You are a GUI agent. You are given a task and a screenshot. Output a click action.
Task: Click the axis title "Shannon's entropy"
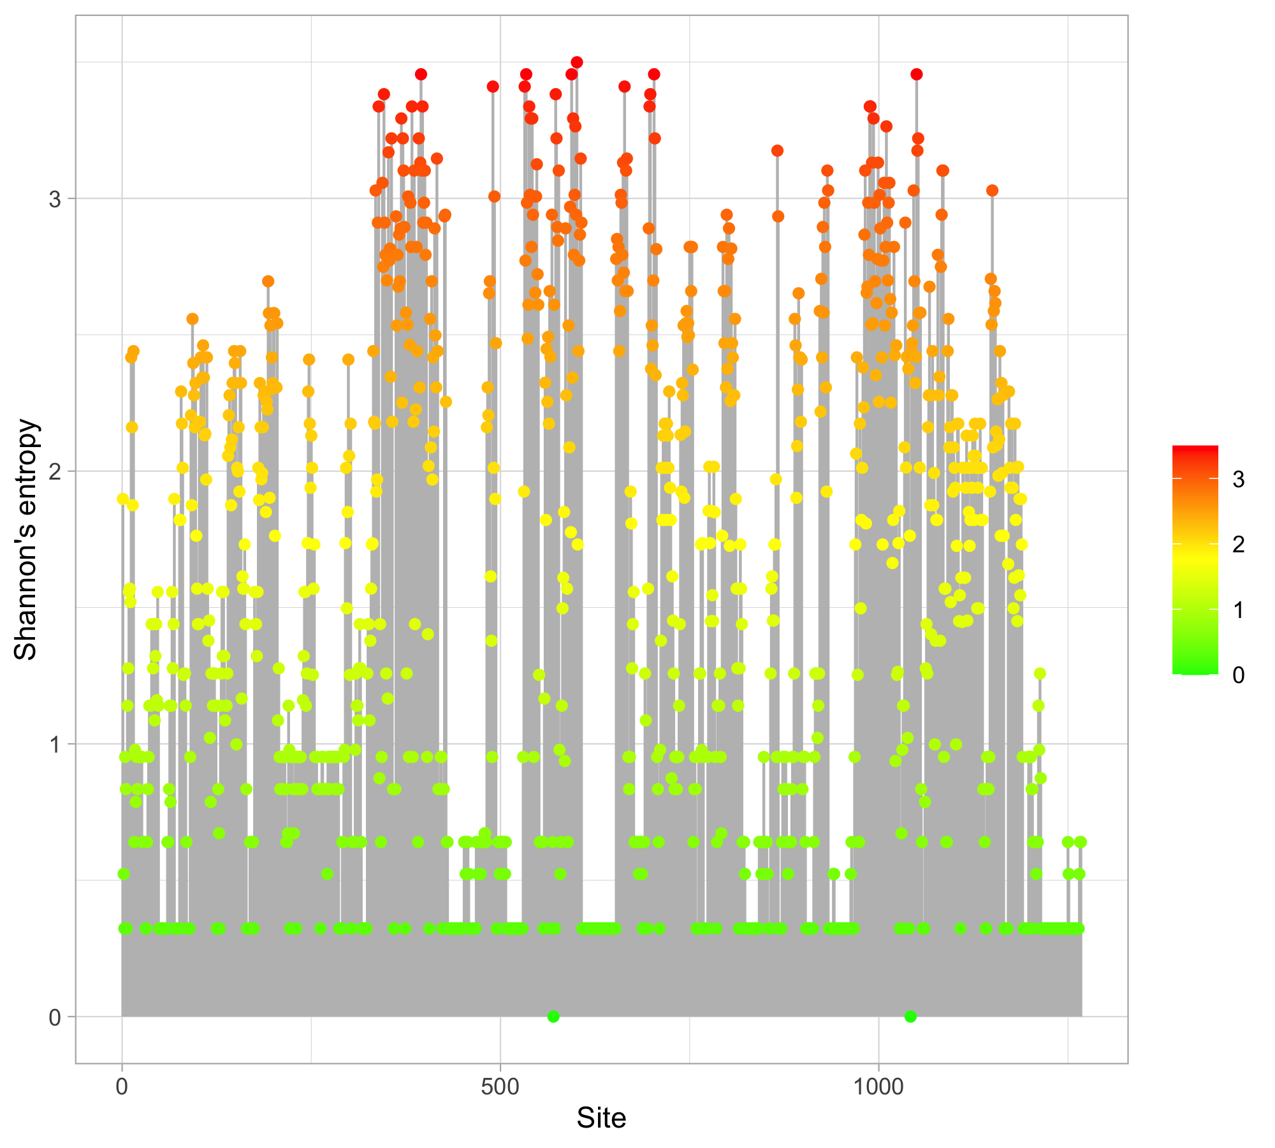tap(26, 539)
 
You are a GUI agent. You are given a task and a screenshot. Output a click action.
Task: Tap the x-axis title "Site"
tap(601, 1118)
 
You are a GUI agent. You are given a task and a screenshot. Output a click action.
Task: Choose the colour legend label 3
tap(1238, 480)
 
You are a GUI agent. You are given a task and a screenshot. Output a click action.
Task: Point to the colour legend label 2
tap(1238, 545)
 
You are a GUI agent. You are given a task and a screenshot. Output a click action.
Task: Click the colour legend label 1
tap(1238, 610)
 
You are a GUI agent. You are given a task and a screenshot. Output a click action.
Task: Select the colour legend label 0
tap(1238, 675)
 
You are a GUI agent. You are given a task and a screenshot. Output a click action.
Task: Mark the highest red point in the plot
tap(577, 62)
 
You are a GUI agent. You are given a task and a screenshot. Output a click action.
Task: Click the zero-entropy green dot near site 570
tap(553, 1017)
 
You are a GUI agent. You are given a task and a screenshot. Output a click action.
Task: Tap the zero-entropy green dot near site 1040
tap(910, 1017)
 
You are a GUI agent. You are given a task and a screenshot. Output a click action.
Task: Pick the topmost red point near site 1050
tap(917, 74)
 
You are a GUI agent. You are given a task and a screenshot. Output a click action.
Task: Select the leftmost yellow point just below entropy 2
tap(123, 499)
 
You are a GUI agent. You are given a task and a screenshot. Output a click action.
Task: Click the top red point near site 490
tap(493, 87)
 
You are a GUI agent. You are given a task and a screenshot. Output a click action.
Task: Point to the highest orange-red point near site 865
tap(777, 151)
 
